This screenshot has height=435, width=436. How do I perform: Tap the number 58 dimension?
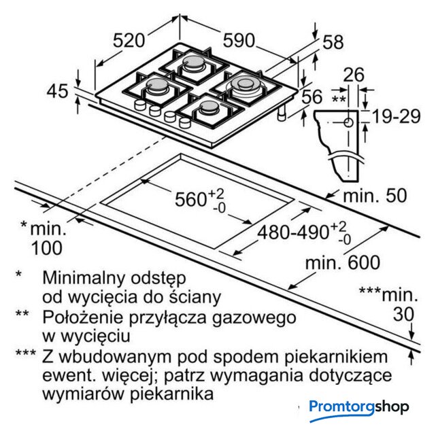point(333,42)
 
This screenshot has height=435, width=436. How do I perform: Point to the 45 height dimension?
point(59,90)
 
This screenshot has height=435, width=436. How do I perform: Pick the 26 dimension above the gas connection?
point(353,75)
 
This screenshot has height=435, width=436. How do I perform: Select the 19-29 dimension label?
point(397,116)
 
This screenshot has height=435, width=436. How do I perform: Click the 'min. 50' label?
point(375,196)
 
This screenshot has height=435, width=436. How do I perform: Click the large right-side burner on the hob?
point(244,85)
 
